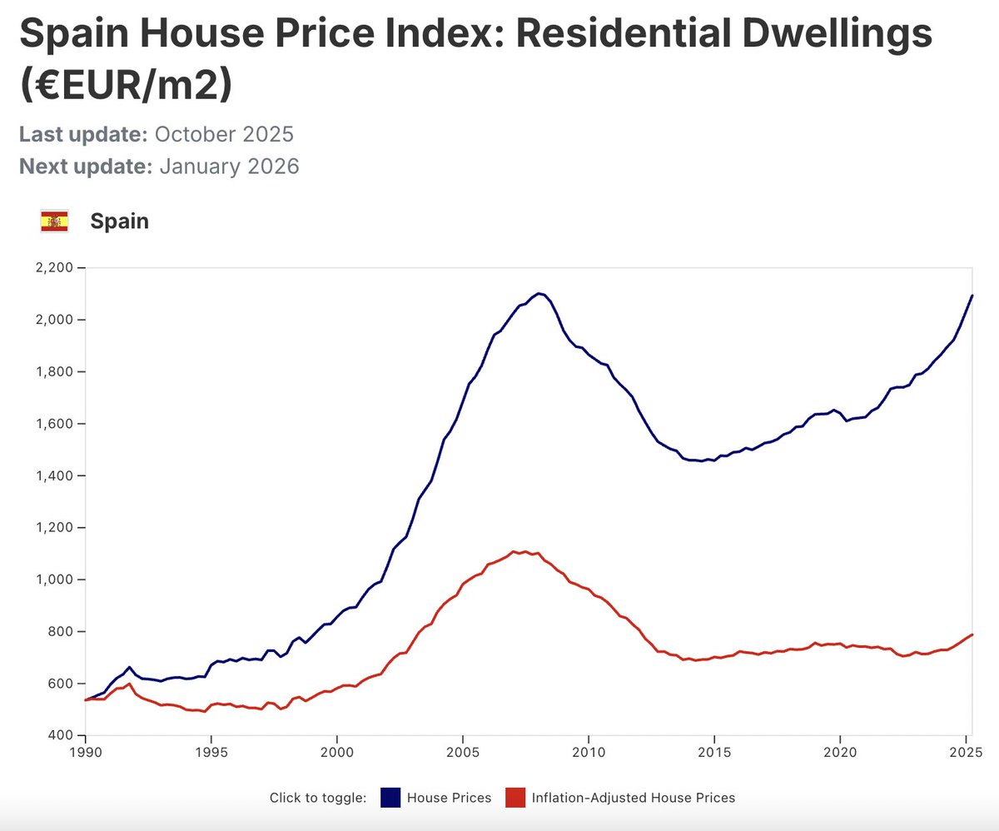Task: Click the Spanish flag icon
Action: tap(54, 221)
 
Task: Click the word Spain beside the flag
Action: tap(119, 221)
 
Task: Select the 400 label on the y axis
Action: tap(62, 735)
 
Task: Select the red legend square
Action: tap(516, 798)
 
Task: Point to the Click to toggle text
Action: tap(318, 798)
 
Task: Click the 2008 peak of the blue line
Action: tap(539, 293)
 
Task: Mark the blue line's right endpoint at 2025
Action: tap(972, 296)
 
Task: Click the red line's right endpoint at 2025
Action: tap(972, 634)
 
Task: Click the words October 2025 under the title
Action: tap(224, 135)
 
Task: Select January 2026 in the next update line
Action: tap(229, 167)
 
